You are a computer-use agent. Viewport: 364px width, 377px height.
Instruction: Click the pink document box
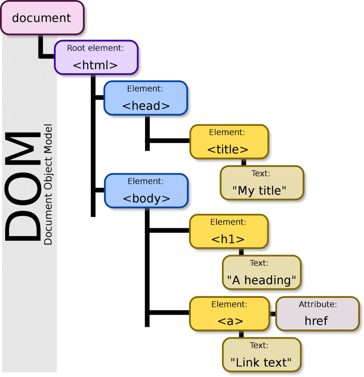pos(42,18)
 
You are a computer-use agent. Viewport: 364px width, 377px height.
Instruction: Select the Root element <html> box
pos(96,58)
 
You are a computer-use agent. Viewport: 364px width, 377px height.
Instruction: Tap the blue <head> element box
pos(145,98)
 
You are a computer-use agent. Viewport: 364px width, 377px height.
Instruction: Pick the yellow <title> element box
pos(229,142)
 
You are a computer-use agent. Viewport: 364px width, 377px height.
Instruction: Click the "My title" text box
pos(262,183)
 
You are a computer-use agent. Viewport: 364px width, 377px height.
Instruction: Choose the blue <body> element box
pos(146,191)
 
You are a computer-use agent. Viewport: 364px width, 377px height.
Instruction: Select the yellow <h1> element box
pos(229,232)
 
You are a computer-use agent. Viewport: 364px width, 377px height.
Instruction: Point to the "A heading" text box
pos(261,272)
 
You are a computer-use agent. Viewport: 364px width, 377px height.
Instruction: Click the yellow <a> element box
pos(229,314)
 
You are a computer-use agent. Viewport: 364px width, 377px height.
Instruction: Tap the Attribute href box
pos(317,314)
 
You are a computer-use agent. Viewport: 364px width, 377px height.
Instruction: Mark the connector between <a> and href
pos(273,314)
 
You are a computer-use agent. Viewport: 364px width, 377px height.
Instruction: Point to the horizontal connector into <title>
pos(169,140)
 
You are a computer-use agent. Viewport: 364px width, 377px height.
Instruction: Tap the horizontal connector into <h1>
pos(169,231)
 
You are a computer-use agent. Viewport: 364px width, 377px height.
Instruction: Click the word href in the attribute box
pos(316,321)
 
